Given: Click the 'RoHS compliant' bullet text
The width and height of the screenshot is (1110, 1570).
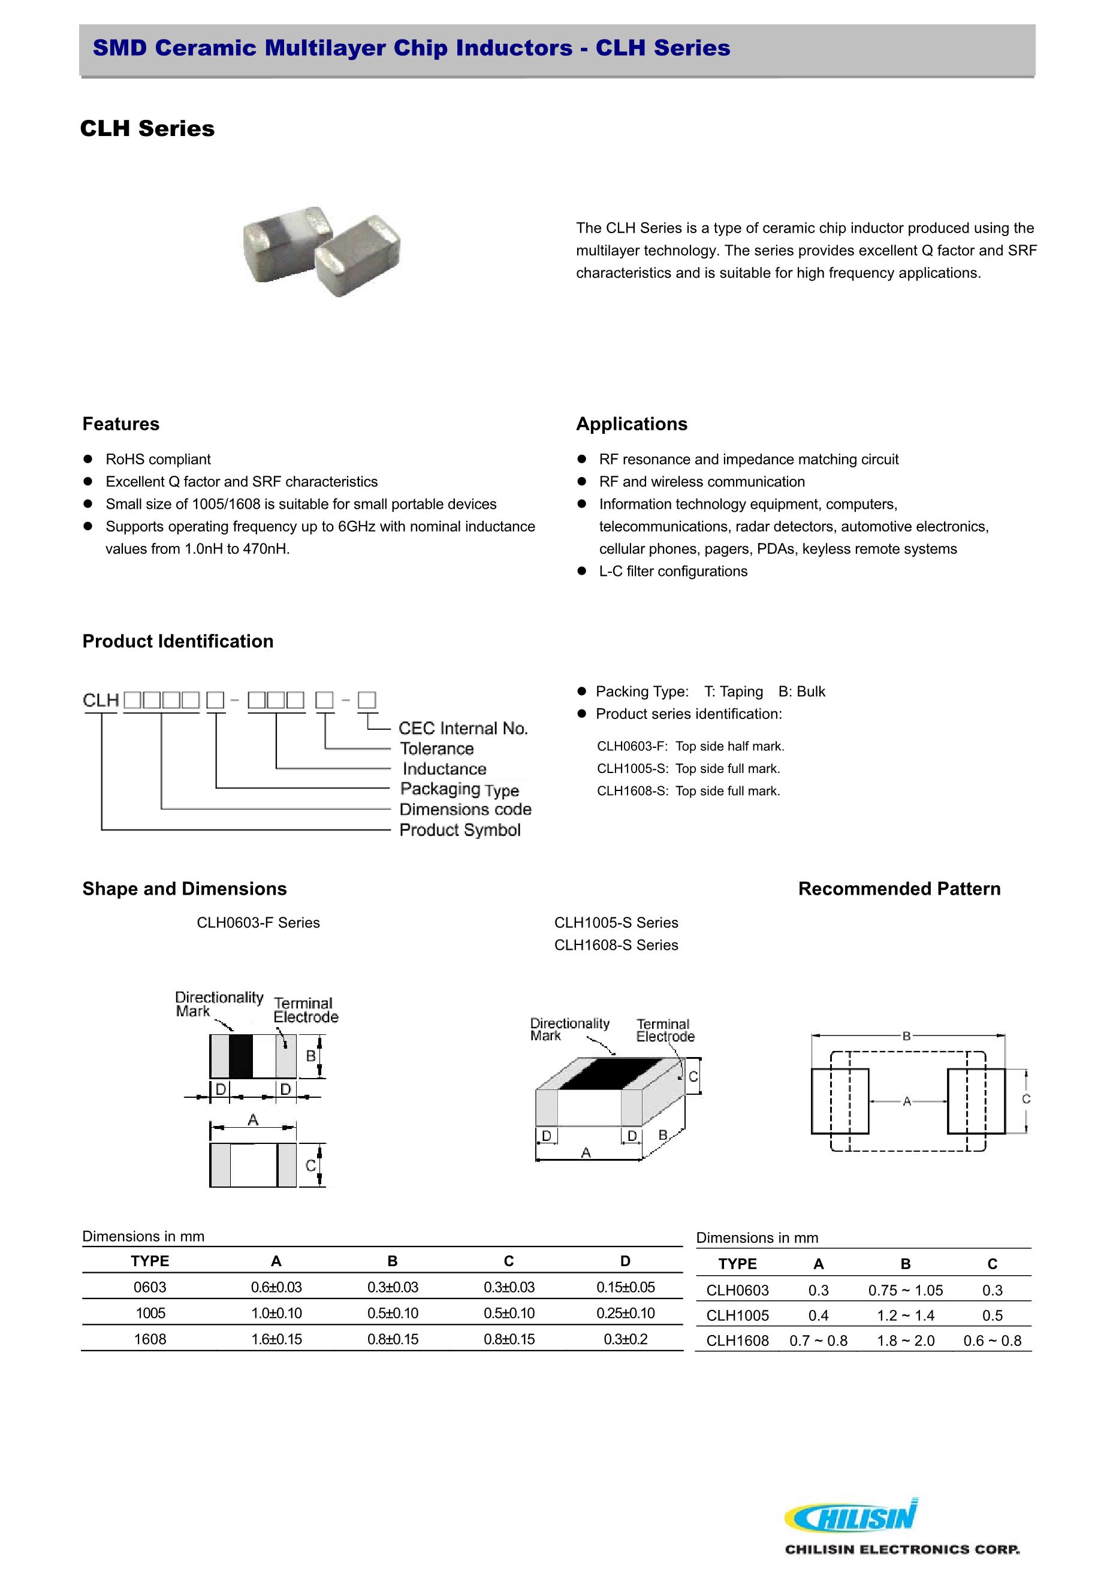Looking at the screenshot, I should pos(158,460).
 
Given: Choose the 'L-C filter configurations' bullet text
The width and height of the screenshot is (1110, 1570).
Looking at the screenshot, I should pos(673,571).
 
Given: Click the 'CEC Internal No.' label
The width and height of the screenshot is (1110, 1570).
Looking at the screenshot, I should pos(463,728).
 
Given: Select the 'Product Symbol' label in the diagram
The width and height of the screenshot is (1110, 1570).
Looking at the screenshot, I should pos(460,830).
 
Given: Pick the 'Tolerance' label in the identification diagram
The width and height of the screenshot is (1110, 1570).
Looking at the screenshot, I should pos(436,749).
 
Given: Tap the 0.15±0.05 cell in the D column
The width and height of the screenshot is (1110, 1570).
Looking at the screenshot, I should pos(625,1287).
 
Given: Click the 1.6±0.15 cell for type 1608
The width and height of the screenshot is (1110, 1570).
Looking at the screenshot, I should pos(276,1339).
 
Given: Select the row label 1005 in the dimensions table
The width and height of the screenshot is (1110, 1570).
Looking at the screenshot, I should pos(150,1313).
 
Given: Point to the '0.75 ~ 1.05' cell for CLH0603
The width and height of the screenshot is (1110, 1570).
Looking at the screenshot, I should pos(905,1290).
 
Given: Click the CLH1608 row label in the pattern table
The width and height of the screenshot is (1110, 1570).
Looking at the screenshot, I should pos(737,1341).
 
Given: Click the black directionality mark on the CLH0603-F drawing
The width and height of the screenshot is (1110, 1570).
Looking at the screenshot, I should pos(241,1056).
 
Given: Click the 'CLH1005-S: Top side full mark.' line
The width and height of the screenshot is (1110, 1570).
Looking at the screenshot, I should pos(688,769).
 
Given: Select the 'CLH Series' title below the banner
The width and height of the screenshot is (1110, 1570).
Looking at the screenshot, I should pos(147,129).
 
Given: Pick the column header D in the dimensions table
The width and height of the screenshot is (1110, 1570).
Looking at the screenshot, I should pos(625,1261).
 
